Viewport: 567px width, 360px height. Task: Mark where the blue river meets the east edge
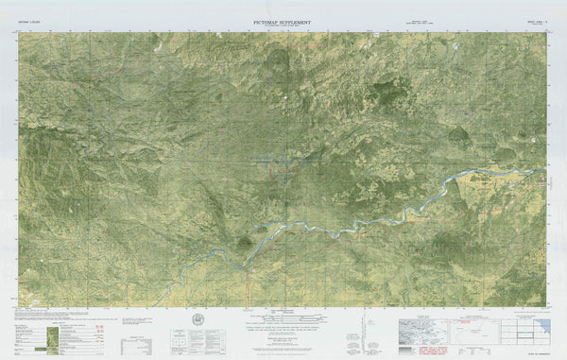pos(547,170)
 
